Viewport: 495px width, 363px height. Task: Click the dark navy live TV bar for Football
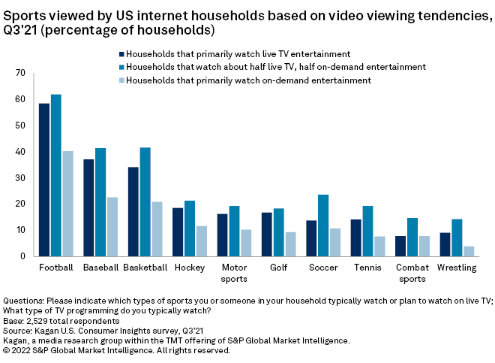click(x=44, y=180)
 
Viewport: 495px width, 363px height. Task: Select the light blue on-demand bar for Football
click(x=67, y=204)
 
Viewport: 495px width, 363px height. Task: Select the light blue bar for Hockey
click(x=201, y=240)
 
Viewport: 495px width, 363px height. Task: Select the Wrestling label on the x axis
click(x=456, y=267)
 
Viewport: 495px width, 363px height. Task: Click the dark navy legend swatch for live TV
click(x=121, y=54)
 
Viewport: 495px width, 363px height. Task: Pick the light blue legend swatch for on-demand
click(x=121, y=80)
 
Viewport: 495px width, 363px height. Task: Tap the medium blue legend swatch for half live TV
click(x=121, y=67)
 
